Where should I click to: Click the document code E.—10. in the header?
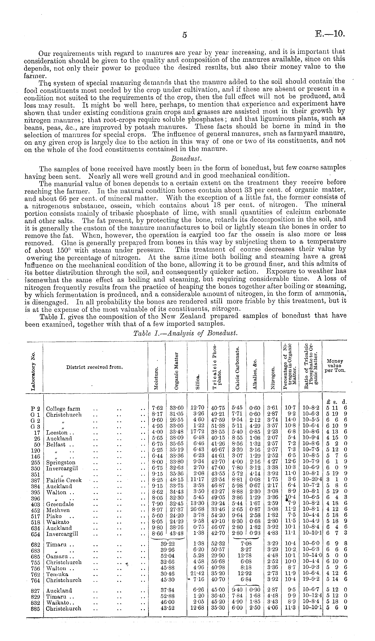[x=330, y=34]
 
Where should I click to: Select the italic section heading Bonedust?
[x=186, y=158]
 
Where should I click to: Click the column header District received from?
[x=95, y=367]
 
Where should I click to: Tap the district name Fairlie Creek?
[x=64, y=480]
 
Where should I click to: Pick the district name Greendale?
[x=60, y=504]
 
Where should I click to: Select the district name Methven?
[x=58, y=510]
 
